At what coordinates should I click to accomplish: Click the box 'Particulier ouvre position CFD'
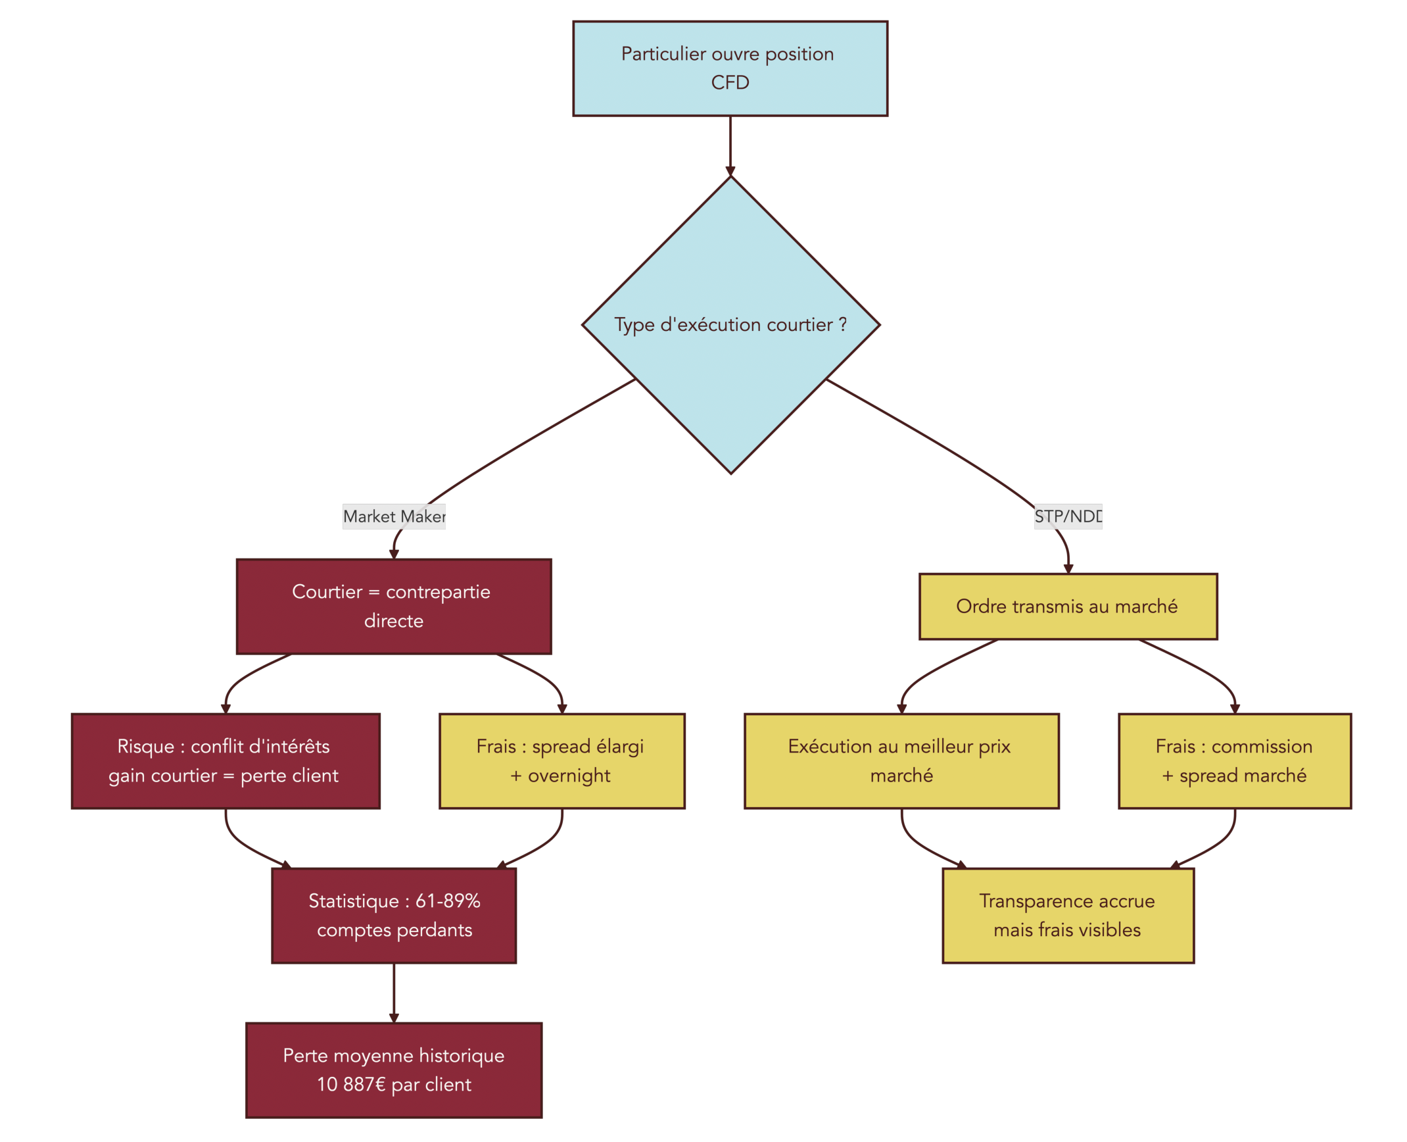(730, 68)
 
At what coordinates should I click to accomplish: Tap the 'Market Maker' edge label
(394, 516)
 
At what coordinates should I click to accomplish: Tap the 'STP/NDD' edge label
(1067, 516)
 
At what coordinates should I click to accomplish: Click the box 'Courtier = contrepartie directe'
(394, 606)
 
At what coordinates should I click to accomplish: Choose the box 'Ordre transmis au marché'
(1067, 606)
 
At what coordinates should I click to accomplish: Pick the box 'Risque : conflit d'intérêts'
(226, 760)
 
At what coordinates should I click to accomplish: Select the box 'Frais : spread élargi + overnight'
(561, 760)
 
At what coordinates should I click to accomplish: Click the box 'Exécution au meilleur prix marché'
(901, 760)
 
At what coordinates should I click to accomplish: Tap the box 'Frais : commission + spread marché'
(1234, 760)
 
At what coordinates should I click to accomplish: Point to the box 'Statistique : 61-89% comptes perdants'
(394, 915)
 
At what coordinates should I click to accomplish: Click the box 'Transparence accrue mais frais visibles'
(1067, 915)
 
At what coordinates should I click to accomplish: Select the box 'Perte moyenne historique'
(394, 1070)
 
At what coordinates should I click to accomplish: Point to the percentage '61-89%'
(448, 901)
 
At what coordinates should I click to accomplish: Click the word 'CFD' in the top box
(730, 83)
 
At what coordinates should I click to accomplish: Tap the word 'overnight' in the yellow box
(569, 776)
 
